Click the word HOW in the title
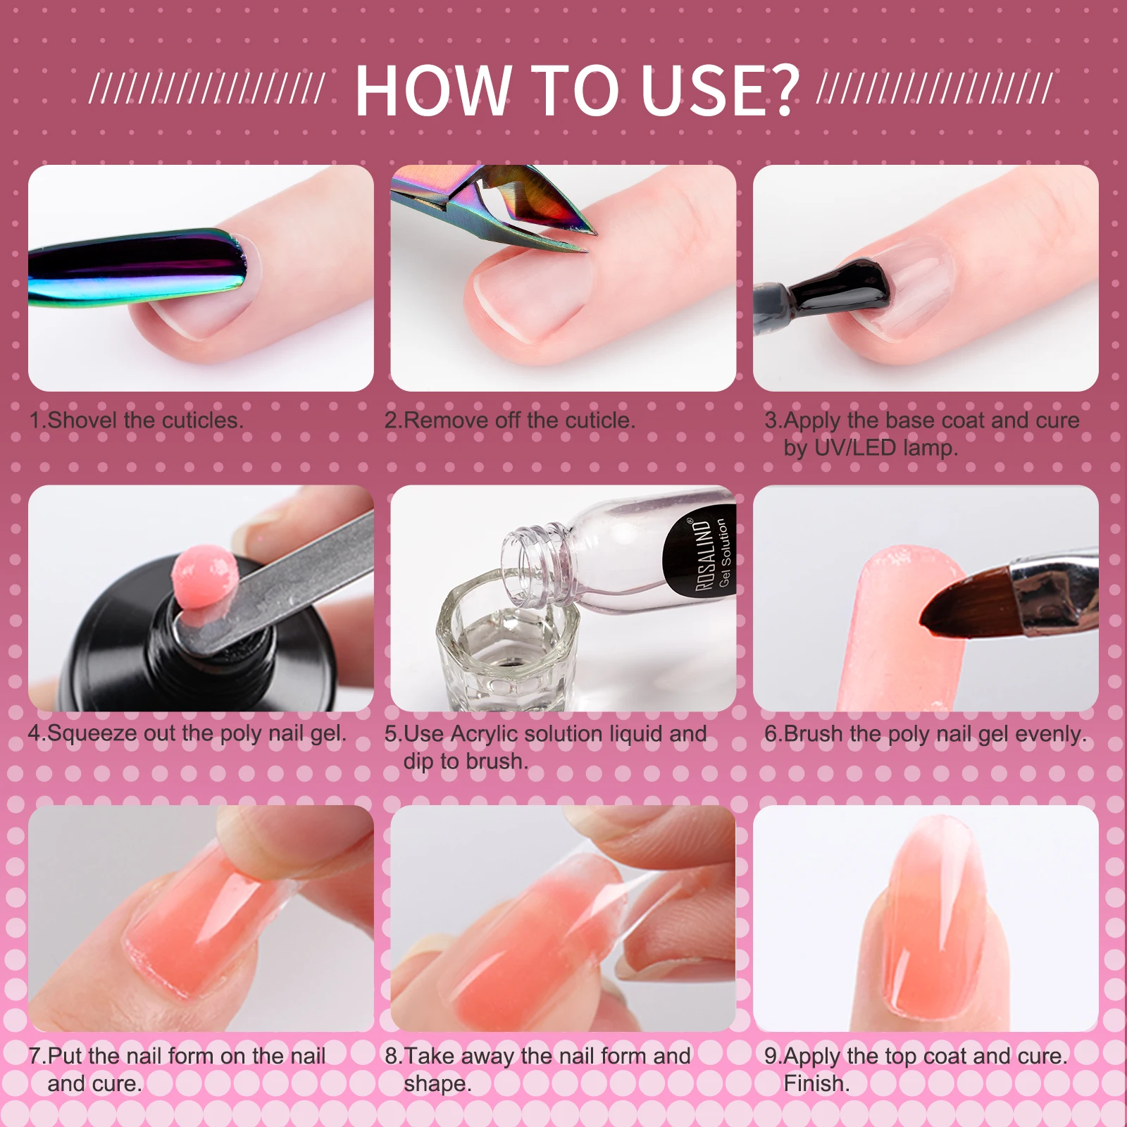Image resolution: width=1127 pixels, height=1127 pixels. [432, 91]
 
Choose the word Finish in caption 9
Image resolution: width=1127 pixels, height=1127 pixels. [814, 1083]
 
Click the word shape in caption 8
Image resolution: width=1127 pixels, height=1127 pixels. [435, 1084]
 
